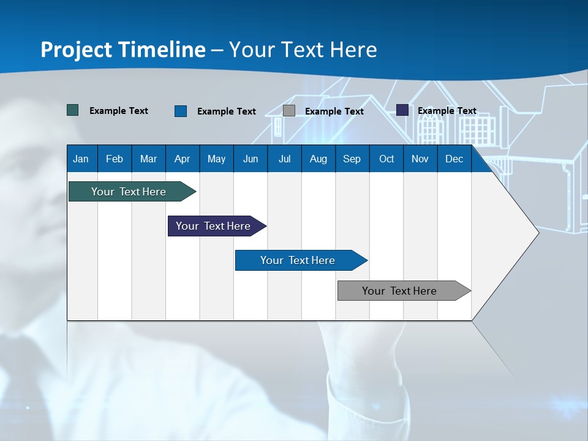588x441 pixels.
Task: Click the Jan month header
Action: pyautogui.click(x=81, y=159)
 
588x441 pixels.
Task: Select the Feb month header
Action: pyautogui.click(x=115, y=159)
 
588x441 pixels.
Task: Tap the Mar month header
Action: pyautogui.click(x=148, y=159)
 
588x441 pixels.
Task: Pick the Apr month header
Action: pyautogui.click(x=183, y=159)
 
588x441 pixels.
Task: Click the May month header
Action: pyautogui.click(x=216, y=159)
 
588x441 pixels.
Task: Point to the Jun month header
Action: pyautogui.click(x=251, y=159)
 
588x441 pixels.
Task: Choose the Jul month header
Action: pyautogui.click(x=284, y=159)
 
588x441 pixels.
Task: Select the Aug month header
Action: pyautogui.click(x=318, y=159)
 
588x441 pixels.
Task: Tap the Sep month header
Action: pyautogui.click(x=352, y=159)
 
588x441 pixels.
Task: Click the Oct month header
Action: pyautogui.click(x=386, y=159)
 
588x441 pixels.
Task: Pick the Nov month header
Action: pyautogui.click(x=420, y=159)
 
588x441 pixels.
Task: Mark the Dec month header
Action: pyautogui.click(x=454, y=159)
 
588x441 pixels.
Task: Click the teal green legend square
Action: pyautogui.click(x=73, y=110)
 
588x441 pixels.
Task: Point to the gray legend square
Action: pyautogui.click(x=289, y=111)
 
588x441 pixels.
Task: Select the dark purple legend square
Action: pyautogui.click(x=402, y=110)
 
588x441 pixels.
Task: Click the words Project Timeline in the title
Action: pyautogui.click(x=123, y=50)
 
